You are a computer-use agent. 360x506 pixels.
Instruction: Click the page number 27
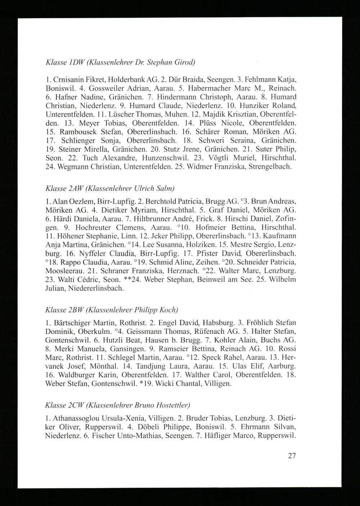point(292,456)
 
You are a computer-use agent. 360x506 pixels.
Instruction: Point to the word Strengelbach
point(269,167)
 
